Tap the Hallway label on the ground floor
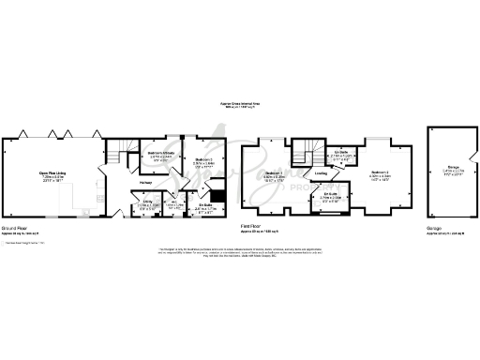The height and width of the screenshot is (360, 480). [145, 182]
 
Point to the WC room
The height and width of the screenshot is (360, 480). [173, 202]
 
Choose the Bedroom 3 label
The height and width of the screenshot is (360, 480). [205, 162]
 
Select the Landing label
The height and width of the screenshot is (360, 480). [321, 173]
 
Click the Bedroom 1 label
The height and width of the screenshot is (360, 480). [274, 174]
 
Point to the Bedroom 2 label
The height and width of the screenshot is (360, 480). [380, 173]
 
